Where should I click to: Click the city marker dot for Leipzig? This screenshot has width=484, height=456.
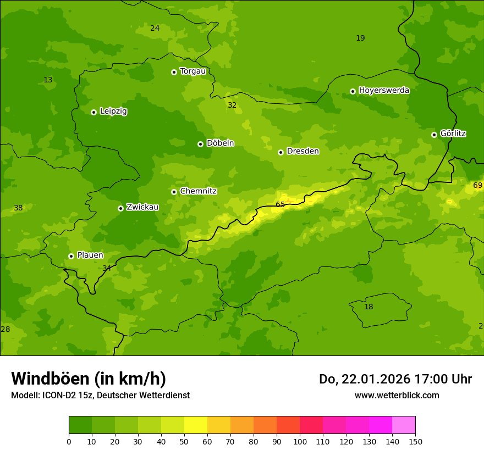tap(94, 112)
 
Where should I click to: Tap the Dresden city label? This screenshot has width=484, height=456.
tap(302, 151)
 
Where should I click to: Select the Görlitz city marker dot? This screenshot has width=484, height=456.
tap(434, 135)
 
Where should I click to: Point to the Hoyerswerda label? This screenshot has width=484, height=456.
tap(384, 91)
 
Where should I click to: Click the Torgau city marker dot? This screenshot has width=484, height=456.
tap(174, 72)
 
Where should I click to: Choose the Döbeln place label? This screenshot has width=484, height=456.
tap(220, 143)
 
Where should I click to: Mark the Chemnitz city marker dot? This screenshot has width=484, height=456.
tap(174, 192)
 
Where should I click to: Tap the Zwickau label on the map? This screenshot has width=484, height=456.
tap(142, 207)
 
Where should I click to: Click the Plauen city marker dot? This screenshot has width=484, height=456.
tap(71, 256)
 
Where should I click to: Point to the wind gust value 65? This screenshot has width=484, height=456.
tap(280, 205)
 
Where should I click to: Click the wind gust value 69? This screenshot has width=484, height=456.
tap(477, 186)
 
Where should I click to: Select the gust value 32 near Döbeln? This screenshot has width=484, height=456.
tap(232, 105)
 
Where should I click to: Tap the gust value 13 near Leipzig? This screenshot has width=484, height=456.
tap(48, 80)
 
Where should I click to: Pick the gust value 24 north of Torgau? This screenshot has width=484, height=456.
tap(155, 28)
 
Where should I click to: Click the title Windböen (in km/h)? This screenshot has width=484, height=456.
tap(89, 379)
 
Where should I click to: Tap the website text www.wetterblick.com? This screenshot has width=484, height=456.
tap(397, 396)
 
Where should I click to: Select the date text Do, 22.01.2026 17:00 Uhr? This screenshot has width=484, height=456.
tap(395, 379)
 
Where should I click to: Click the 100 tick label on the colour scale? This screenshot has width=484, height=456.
tap(300, 441)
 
